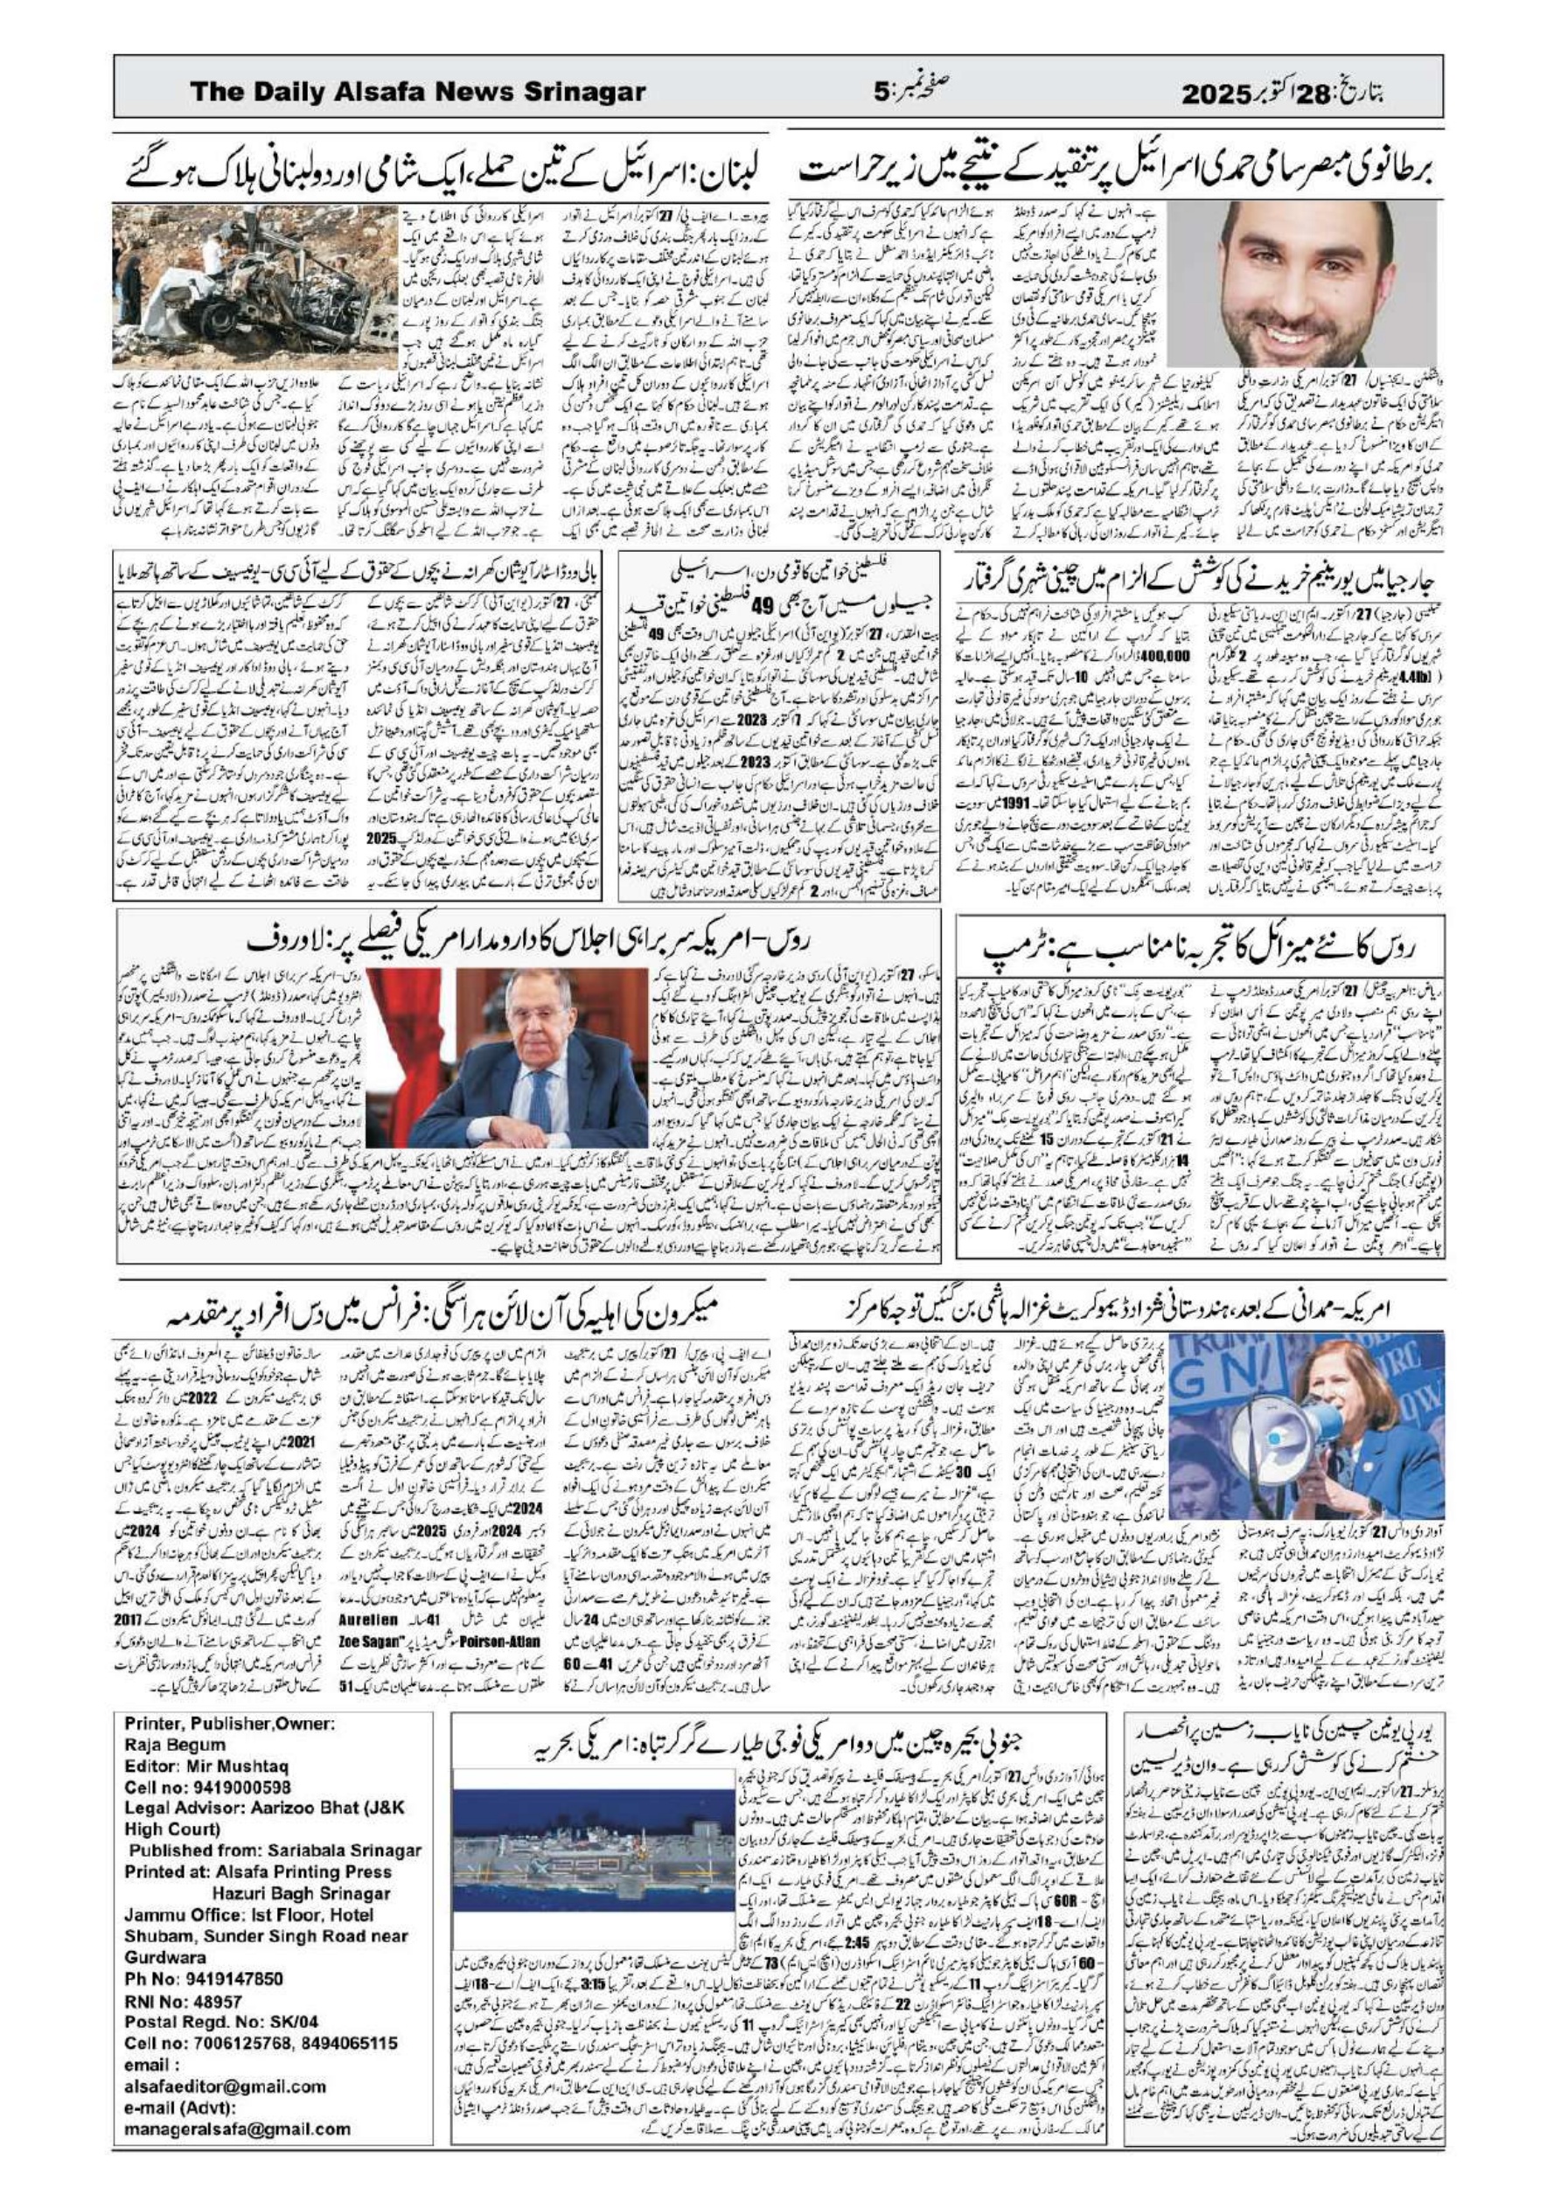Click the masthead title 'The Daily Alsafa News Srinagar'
point(418,93)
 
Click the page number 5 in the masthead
point(882,94)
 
